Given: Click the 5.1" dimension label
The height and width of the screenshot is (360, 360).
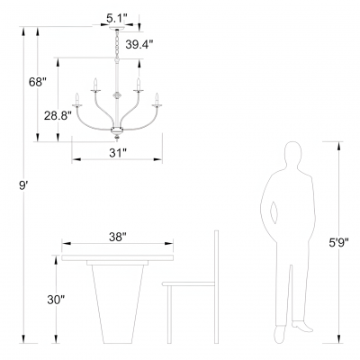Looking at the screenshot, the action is tap(117, 19).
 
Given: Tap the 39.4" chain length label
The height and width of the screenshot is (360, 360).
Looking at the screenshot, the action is tap(139, 45).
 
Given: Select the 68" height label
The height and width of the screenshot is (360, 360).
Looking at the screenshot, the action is tap(38, 82).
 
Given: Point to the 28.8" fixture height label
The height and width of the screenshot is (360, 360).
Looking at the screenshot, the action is tap(58, 115).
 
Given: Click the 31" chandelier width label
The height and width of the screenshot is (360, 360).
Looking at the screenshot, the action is tap(117, 153).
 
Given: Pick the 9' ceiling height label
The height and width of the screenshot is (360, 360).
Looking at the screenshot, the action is tap(22, 185).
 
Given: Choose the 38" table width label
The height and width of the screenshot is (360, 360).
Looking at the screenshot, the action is tap(117, 238).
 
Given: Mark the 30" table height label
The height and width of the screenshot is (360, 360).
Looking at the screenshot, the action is tap(56, 300).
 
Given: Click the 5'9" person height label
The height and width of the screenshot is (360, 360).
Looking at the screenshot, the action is tap(338, 242).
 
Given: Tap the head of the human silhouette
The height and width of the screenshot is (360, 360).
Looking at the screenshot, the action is tap(292, 154).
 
